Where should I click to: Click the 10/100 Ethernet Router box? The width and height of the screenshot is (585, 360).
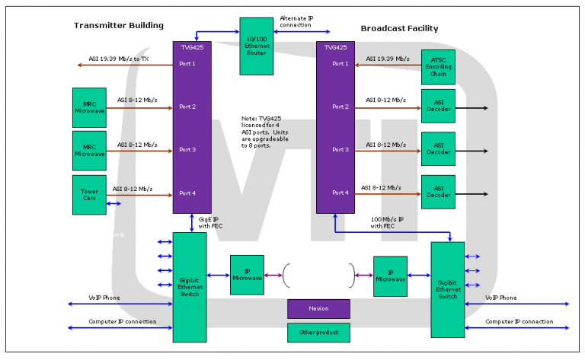click(x=257, y=46)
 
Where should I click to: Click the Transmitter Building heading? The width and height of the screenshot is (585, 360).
click(x=119, y=25)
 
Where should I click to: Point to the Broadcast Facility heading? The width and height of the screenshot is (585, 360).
click(x=399, y=28)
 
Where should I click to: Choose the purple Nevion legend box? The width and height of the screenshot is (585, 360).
click(x=318, y=309)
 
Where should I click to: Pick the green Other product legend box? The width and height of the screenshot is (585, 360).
click(x=318, y=333)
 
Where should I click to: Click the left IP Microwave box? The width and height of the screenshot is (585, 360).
click(x=247, y=275)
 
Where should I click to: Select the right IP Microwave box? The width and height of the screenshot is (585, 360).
click(x=390, y=276)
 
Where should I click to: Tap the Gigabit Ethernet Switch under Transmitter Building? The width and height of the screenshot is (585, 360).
click(x=190, y=287)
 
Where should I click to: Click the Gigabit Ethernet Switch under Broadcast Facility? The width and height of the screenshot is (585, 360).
click(x=447, y=290)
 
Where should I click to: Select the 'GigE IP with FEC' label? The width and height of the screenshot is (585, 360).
click(x=209, y=223)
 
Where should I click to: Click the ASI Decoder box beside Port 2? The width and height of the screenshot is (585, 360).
click(x=438, y=107)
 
